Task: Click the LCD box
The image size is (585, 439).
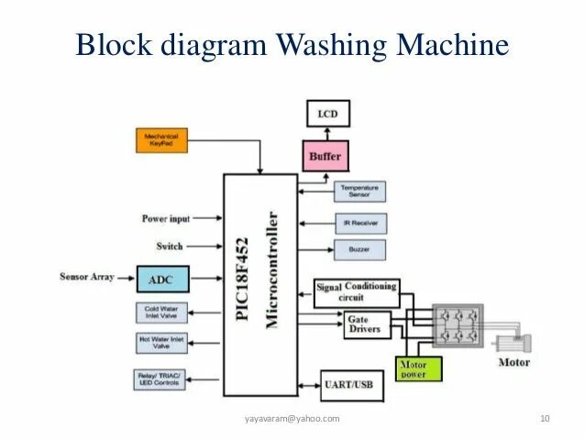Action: coord(327,114)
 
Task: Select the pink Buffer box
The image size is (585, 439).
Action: coord(325,157)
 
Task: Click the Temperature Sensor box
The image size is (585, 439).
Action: coord(359,191)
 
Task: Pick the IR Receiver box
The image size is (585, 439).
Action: coord(359,223)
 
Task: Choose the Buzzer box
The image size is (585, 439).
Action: coord(359,248)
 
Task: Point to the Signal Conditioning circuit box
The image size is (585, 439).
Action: coord(357,291)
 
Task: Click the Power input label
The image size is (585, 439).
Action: coord(166,218)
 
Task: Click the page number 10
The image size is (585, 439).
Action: coord(545,420)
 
